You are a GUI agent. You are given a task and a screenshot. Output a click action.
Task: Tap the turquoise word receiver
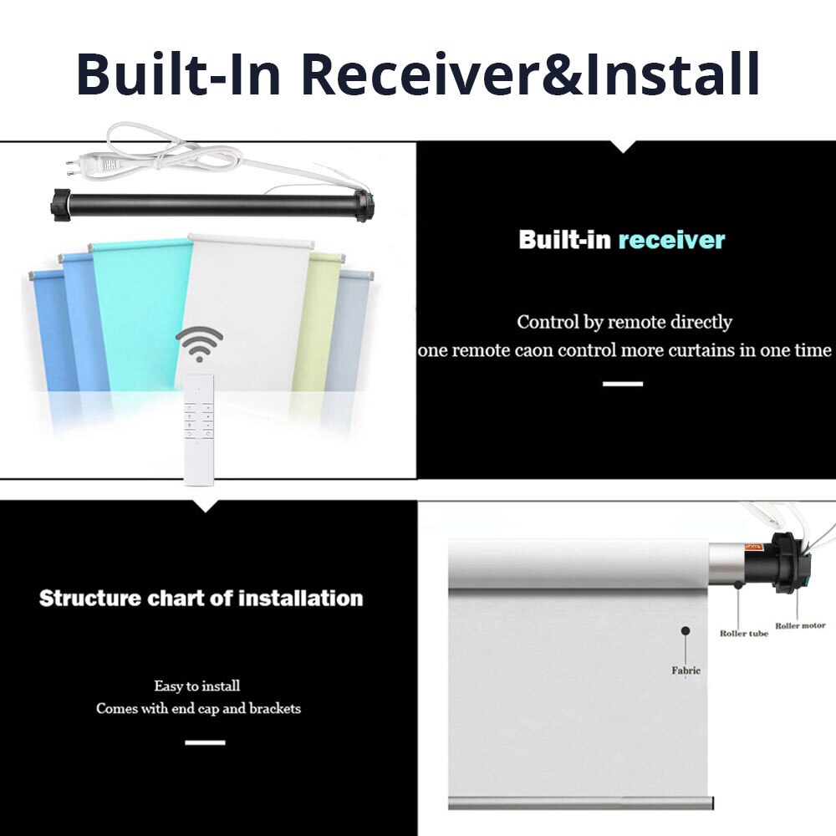671,240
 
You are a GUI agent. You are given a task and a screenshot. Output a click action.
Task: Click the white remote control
199,430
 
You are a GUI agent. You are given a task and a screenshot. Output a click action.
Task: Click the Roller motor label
800,625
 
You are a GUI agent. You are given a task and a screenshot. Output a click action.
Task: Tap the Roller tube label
744,634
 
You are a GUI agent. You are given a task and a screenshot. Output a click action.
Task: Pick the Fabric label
686,670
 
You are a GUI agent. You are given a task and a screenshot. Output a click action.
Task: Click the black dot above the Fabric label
686,630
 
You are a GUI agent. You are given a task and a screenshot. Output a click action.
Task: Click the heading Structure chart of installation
201,599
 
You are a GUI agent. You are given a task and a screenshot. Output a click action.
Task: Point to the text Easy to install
196,686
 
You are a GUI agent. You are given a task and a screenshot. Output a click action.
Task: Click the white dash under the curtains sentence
623,384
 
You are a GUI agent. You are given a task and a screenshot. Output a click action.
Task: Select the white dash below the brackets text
206,742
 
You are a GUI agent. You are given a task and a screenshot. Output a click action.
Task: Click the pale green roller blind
317,320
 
